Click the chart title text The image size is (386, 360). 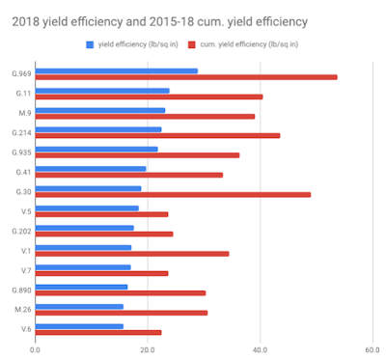point(160,22)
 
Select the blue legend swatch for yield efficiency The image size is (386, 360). point(90,44)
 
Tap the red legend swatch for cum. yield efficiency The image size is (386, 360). point(192,44)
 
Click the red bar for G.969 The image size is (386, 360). point(186,77)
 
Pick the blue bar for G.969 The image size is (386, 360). point(117,71)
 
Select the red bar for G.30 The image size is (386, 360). point(173,195)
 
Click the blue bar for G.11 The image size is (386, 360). point(102,91)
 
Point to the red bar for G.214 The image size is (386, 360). point(157,136)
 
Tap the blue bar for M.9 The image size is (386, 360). point(100,110)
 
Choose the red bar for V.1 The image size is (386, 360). point(132,254)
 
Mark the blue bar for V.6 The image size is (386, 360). point(79,326)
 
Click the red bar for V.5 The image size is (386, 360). point(101,214)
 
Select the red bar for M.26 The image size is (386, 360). point(122,313)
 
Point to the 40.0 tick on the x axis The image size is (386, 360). point(260,350)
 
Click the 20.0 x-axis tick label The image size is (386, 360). point(148,350)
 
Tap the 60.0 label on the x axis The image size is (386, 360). point(372,350)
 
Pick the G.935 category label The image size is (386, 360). point(21,152)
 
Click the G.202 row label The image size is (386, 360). point(21,231)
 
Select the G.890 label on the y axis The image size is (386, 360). point(21,291)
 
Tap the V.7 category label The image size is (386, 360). point(26,270)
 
